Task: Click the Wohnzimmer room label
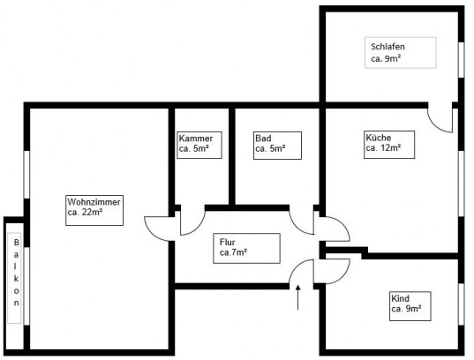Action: [x=94, y=210]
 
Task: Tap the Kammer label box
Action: [x=199, y=145]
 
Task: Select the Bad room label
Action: [x=277, y=146]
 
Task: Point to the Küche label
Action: [x=389, y=145]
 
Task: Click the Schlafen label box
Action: [x=401, y=53]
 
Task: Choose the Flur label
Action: [x=246, y=248]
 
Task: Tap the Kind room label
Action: [x=410, y=306]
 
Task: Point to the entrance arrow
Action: [x=298, y=297]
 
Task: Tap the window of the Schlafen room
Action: [x=462, y=60]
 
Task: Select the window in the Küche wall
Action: [x=462, y=184]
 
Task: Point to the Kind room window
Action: [x=462, y=304]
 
